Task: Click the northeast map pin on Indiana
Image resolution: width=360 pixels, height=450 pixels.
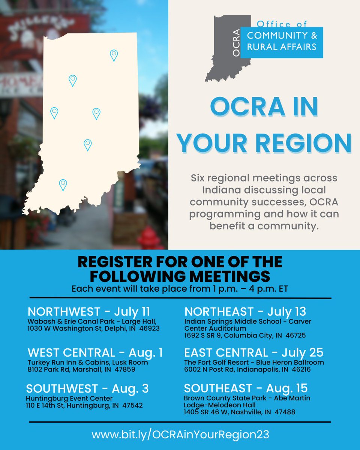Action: (114, 55)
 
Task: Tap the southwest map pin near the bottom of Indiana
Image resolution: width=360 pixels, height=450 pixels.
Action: (63, 184)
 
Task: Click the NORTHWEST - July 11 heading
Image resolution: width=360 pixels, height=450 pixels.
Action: (89, 312)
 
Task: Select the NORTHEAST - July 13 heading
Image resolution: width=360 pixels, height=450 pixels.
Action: (245, 312)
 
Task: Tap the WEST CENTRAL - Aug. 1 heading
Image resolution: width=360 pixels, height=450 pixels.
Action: (95, 352)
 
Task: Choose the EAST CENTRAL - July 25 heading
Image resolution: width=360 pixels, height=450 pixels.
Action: (253, 352)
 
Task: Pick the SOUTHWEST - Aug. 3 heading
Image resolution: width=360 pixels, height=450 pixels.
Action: (87, 388)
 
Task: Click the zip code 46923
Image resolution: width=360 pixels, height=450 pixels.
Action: (148, 328)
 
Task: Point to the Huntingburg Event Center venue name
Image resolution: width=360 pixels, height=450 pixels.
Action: (69, 398)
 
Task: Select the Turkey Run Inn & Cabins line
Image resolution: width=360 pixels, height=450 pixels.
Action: (88, 363)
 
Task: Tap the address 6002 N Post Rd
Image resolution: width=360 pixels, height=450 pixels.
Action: (209, 370)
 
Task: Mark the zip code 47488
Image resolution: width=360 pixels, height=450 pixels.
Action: (284, 412)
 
